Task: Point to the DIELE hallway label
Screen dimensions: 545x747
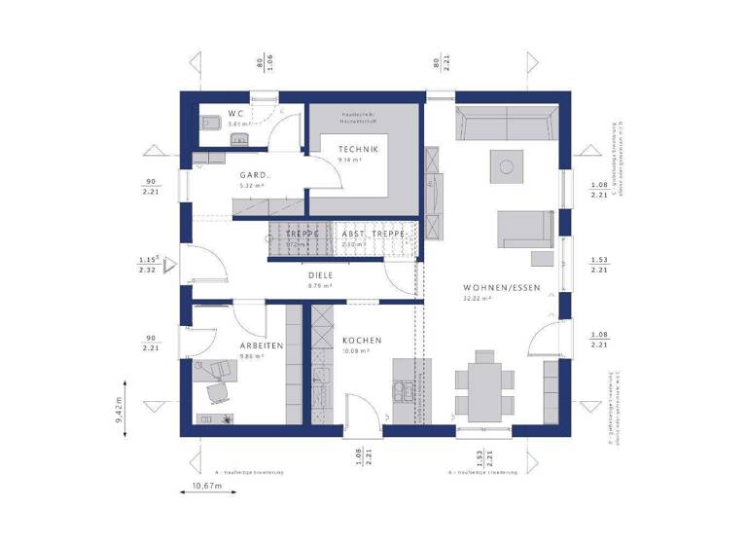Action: coord(320,275)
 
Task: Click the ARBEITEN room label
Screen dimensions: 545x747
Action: coord(262,345)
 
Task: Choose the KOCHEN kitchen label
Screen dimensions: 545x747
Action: coord(361,340)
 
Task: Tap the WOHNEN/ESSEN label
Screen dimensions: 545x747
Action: coord(502,287)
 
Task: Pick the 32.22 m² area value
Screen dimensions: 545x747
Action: coord(476,299)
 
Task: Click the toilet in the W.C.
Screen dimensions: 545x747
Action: coord(208,124)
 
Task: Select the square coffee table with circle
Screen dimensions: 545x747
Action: coord(505,165)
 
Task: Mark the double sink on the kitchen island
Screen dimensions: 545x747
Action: coord(403,392)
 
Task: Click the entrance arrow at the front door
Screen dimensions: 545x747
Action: coord(168,264)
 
